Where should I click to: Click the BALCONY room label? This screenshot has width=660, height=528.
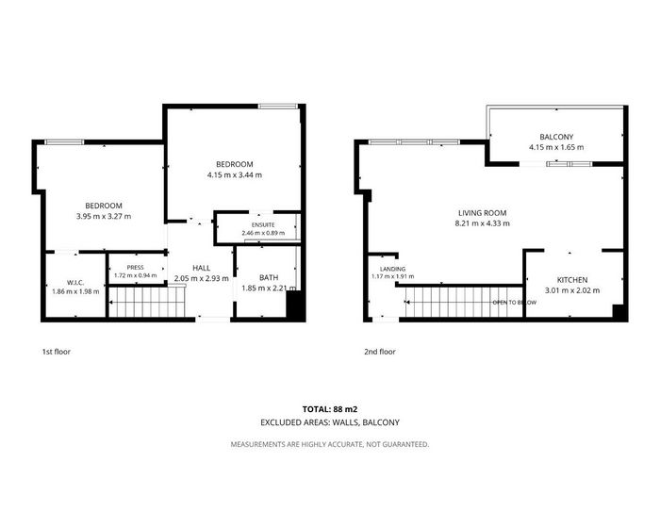[x=556, y=137]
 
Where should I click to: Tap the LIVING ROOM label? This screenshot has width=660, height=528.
[x=483, y=213]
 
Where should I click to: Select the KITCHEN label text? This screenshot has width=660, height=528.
[x=572, y=280]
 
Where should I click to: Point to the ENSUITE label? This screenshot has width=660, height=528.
[x=263, y=224]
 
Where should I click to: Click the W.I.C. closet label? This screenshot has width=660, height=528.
[x=75, y=283]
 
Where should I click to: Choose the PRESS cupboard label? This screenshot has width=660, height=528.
[x=135, y=268]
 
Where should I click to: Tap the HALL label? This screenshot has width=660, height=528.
[x=202, y=268]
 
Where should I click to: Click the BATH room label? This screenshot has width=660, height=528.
[x=269, y=277]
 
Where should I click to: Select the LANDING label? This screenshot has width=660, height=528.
[x=393, y=269]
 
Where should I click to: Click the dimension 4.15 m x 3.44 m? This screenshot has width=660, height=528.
[x=235, y=174]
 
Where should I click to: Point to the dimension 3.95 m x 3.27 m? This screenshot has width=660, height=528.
[x=104, y=217]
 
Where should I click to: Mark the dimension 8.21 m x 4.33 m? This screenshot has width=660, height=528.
[x=483, y=223]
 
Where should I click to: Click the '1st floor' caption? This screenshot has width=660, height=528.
[x=57, y=352]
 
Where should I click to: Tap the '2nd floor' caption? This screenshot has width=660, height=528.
[x=380, y=352]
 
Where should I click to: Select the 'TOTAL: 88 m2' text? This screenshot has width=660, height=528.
[x=330, y=409]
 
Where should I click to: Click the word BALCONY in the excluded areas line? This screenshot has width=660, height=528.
[x=381, y=422]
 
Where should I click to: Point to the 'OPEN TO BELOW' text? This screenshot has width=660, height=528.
[x=515, y=303]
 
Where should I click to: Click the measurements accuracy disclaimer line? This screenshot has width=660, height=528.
[x=330, y=444]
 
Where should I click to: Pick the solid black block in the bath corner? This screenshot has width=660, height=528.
[x=295, y=306]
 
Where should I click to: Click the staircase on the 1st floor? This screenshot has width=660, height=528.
[x=147, y=302]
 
